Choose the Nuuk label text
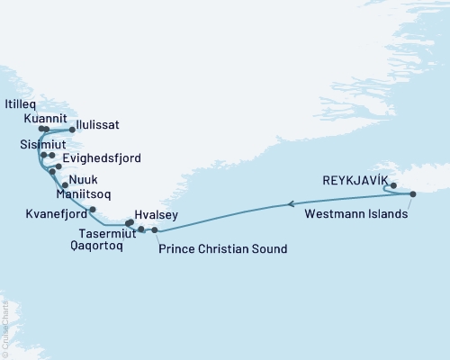coord(83,180)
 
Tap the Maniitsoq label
coord(84,193)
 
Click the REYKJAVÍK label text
coord(359,180)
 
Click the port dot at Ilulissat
coord(72,130)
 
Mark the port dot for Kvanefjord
coord(93,209)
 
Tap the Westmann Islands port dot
coord(412,194)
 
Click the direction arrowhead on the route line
coord(291,205)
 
